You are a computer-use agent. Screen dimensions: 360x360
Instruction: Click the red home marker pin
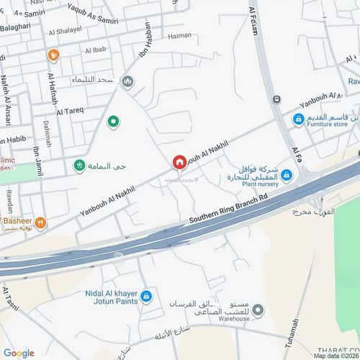[x=179, y=163]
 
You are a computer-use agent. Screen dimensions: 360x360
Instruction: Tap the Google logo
[x=18, y=352]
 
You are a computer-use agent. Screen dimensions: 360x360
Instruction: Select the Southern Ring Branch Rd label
[x=228, y=208]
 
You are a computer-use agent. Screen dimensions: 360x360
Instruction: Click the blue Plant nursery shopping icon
[x=286, y=175]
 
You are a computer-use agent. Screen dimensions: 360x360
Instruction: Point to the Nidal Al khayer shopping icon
[x=146, y=295]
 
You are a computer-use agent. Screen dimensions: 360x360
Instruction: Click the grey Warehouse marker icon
[x=258, y=310]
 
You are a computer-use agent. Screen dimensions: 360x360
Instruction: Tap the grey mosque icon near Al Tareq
[x=128, y=82]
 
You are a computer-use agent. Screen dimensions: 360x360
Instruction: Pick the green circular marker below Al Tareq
[x=113, y=122]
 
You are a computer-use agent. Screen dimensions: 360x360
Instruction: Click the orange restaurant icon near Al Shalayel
[x=53, y=55]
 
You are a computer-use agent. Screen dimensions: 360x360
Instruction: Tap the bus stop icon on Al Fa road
[x=276, y=99]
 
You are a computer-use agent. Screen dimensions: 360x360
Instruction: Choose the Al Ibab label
[x=96, y=50]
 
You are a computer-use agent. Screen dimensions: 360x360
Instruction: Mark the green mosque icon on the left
[x=78, y=166]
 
